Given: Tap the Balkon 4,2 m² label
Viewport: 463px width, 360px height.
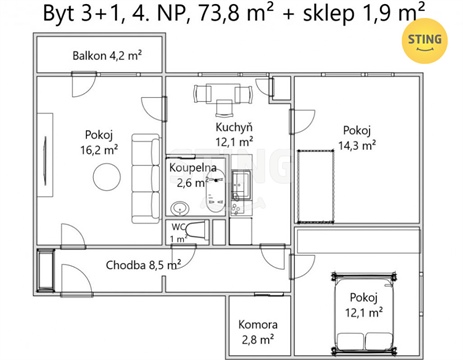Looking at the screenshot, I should click(107, 55).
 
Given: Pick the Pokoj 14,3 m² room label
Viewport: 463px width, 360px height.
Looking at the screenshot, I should click(356, 136).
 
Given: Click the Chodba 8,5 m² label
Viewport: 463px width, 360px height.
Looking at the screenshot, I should click(143, 265).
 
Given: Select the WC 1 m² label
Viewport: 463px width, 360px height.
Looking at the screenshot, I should click(177, 233).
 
